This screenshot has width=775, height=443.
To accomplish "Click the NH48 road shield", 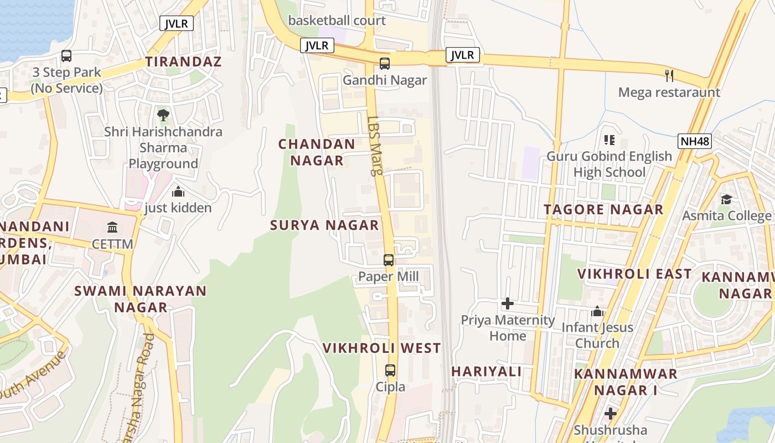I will pyautogui.click(x=694, y=141).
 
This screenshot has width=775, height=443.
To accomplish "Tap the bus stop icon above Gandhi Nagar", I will pyautogui.click(x=385, y=64).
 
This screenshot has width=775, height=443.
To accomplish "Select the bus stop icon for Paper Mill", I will pyautogui.click(x=389, y=260).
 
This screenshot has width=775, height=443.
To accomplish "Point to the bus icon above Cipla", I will pyautogui.click(x=390, y=370).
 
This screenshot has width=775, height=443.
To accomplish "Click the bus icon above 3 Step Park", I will pyautogui.click(x=66, y=56).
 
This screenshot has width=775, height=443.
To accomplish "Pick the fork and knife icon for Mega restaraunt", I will pyautogui.click(x=669, y=75).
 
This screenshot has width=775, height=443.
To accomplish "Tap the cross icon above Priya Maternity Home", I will pyautogui.click(x=507, y=303).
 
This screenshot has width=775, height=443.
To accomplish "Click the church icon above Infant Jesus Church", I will pyautogui.click(x=597, y=311).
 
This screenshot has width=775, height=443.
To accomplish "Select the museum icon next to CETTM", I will pyautogui.click(x=112, y=227).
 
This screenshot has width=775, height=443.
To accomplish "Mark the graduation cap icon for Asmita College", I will pyautogui.click(x=726, y=199).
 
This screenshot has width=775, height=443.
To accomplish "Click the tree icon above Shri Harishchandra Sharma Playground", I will pyautogui.click(x=163, y=115).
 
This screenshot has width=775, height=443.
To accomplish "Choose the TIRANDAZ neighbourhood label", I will pyautogui.click(x=183, y=61).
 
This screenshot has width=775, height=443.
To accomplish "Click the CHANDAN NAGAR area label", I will pyautogui.click(x=317, y=152).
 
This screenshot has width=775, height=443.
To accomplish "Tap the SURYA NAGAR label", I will pyautogui.click(x=324, y=225).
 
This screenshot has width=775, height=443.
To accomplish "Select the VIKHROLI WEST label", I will pyautogui.click(x=382, y=348).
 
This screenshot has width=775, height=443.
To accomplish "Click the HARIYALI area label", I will pyautogui.click(x=487, y=371).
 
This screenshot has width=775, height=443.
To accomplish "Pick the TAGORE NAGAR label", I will pyautogui.click(x=603, y=210).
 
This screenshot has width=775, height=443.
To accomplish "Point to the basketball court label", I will pyautogui.click(x=337, y=21).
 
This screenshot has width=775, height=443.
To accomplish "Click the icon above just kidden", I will pyautogui.click(x=178, y=192).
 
